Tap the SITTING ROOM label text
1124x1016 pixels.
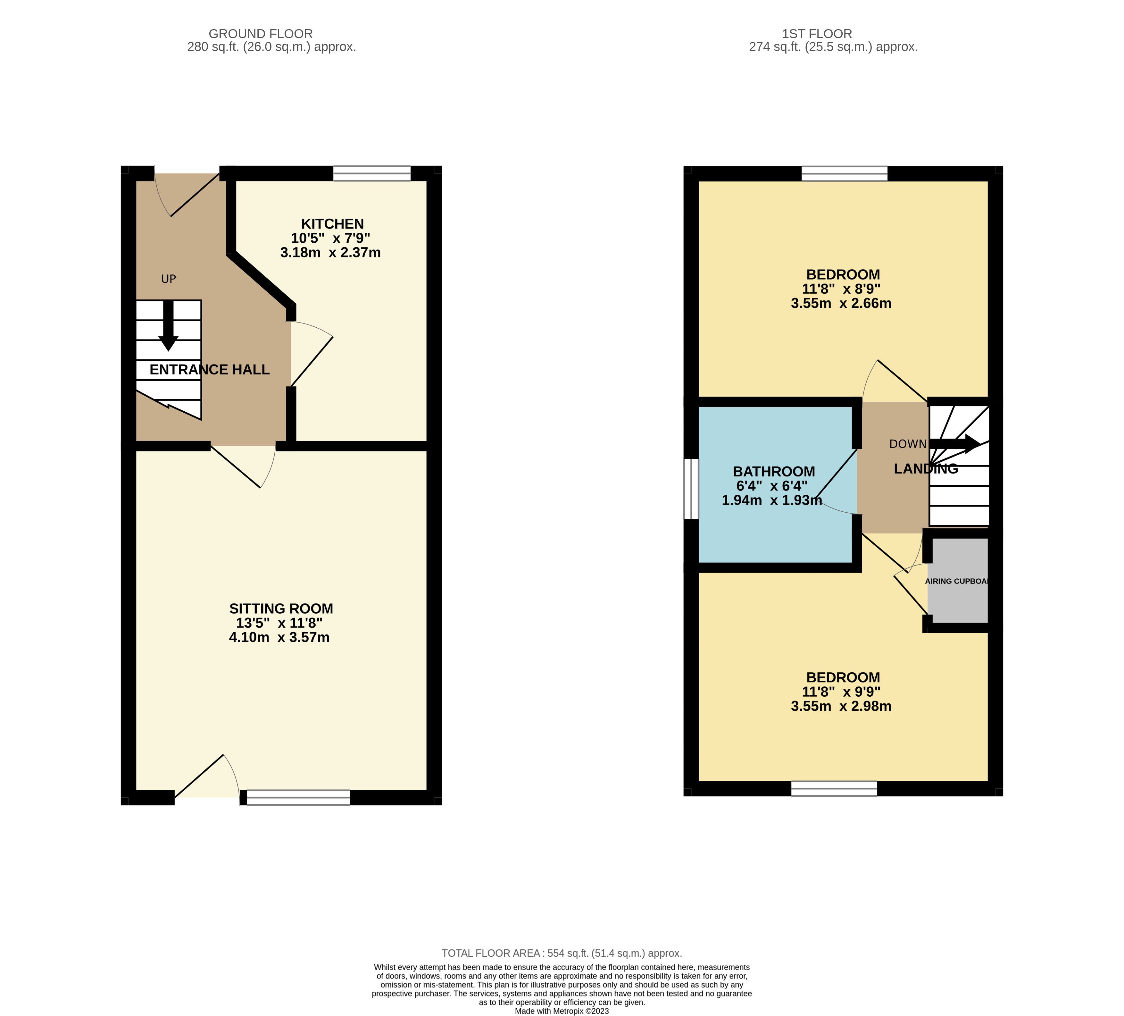pos(281,609)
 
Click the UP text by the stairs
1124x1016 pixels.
pos(168,279)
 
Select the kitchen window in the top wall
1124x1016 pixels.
pos(372,173)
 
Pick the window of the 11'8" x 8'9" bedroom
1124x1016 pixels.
pos(844,173)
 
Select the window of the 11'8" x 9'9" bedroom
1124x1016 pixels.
pos(834,788)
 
